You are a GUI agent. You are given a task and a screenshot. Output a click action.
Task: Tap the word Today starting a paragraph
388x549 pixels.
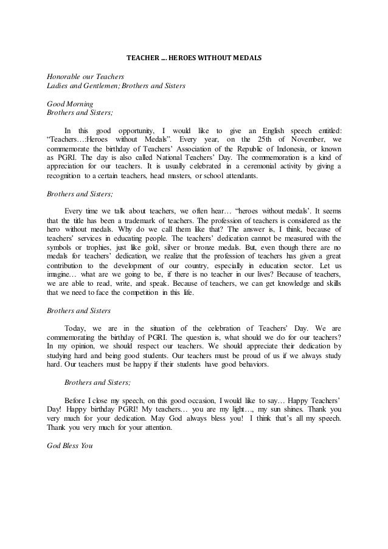point(76,328)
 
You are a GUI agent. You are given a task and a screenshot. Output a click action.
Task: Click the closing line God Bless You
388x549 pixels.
point(68,445)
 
